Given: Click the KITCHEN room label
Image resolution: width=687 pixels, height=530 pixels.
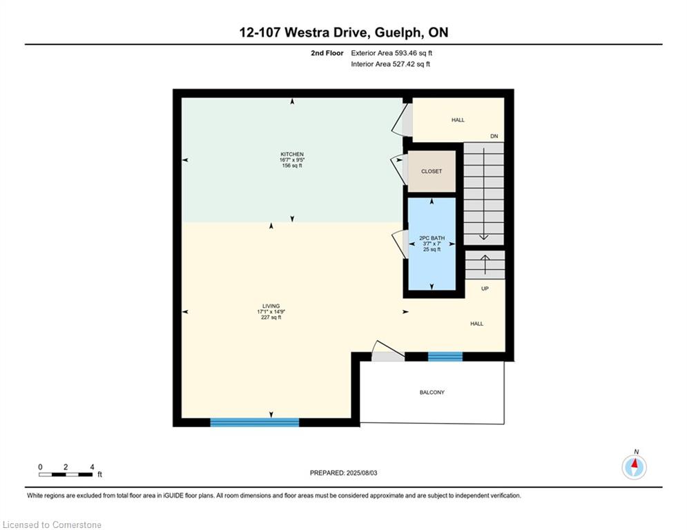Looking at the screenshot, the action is point(292,154).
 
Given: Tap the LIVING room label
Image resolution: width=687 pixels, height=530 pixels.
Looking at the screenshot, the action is point(271,306).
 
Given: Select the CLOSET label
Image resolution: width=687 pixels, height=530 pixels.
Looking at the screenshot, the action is point(432,171).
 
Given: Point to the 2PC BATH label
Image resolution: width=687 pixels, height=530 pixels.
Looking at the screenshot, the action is point(432,238).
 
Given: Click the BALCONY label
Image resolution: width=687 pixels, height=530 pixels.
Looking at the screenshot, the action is point(432,393).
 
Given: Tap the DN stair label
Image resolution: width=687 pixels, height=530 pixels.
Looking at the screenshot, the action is point(494,136).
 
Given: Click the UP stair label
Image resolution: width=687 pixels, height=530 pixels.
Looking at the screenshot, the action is point(485,288).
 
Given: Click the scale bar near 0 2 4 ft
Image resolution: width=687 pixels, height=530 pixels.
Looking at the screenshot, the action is point(66,474).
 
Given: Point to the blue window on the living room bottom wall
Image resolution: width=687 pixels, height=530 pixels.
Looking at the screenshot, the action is point(255,422).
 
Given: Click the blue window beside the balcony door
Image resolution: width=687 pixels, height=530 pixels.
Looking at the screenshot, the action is point(445,357).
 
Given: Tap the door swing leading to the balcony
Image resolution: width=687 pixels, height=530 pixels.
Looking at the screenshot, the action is point(388,351).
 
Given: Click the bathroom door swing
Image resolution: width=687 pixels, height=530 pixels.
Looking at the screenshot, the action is point(398,244).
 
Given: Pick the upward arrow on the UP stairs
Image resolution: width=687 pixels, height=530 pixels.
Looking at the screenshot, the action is point(485,264).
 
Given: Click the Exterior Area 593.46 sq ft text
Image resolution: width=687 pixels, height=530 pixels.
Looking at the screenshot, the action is point(391,53).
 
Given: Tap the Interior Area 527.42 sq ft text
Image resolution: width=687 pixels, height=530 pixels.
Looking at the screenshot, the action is point(390,64).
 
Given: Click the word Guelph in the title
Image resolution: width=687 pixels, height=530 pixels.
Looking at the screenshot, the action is point(399,33).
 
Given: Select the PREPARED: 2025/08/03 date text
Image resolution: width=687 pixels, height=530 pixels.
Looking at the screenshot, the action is point(344,473).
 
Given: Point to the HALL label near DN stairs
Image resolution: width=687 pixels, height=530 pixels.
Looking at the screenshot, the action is point(458,120).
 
